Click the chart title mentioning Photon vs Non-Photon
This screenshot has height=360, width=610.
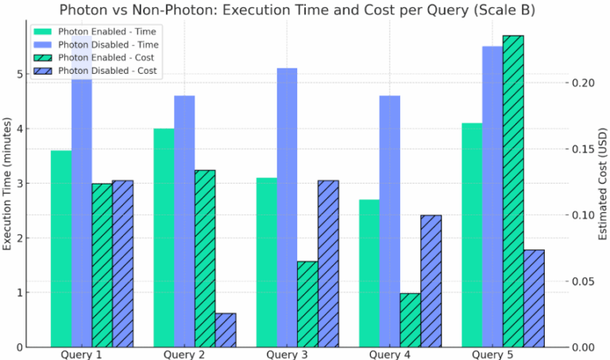coord(305,10)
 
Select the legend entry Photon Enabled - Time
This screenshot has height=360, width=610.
coord(106,31)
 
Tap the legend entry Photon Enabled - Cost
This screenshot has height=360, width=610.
coord(106,58)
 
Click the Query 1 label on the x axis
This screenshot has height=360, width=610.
coord(81,354)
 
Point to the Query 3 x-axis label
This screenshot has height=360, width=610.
coord(287,354)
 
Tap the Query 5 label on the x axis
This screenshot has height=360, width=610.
coord(492,354)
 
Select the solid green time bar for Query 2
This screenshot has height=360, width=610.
coord(164,238)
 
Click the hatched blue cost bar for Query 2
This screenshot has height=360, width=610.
coord(226,330)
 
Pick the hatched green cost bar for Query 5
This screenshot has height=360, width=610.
coord(513,191)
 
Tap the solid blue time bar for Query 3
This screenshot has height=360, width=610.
coord(287,207)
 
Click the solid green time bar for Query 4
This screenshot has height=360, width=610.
coord(369,273)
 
